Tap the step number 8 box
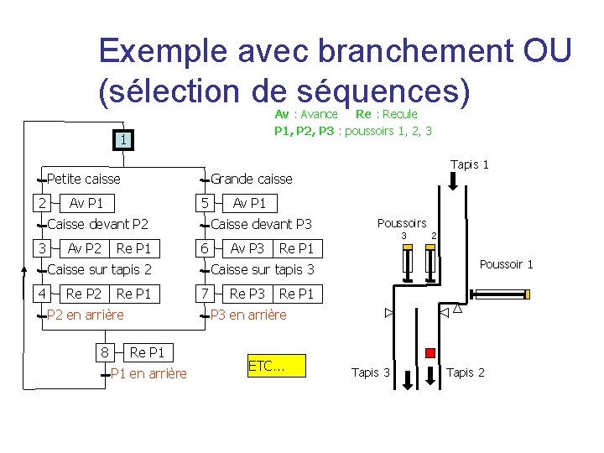click(x=104, y=352)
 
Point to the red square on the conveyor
click(x=430, y=353)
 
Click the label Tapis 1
click(x=469, y=164)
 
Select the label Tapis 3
click(x=370, y=372)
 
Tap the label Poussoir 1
click(x=506, y=264)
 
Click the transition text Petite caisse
click(x=84, y=179)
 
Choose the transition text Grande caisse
click(x=251, y=179)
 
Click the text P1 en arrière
click(x=148, y=373)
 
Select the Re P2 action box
click(x=84, y=294)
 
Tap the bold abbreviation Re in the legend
click(x=364, y=114)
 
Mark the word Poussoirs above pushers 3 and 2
click(x=402, y=223)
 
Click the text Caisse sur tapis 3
click(x=263, y=269)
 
